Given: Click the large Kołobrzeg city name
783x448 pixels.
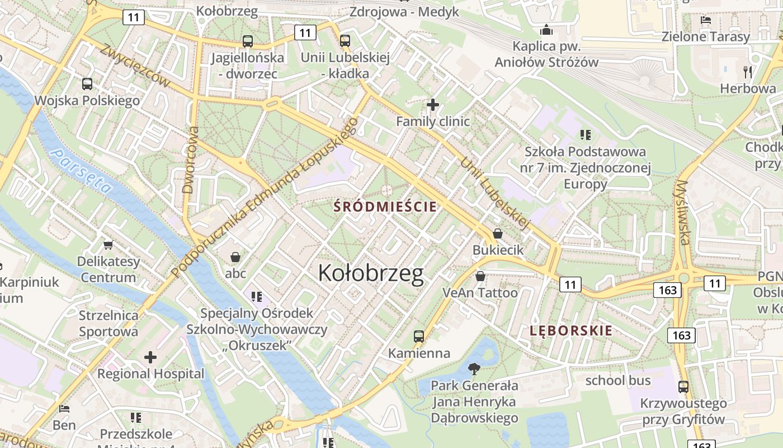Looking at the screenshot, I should pyautogui.click(x=371, y=273).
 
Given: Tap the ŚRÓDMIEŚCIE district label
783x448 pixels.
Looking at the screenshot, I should pyautogui.click(x=385, y=206).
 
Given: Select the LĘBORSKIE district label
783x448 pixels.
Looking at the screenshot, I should pyautogui.click(x=571, y=330).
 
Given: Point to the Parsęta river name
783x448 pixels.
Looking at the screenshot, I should pyautogui.click(x=80, y=170).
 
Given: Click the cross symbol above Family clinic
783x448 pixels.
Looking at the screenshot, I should pyautogui.click(x=432, y=105).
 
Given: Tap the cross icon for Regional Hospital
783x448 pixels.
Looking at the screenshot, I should pyautogui.click(x=150, y=357).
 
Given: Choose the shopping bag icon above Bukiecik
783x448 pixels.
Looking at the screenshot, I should pyautogui.click(x=498, y=234).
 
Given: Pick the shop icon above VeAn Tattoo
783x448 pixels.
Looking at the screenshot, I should pyautogui.click(x=480, y=276).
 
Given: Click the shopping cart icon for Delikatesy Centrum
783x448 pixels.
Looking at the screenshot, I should pyautogui.click(x=108, y=245).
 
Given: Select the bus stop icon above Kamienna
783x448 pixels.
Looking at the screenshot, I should pyautogui.click(x=419, y=337).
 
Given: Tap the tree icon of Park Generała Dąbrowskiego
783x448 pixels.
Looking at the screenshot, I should pyautogui.click(x=474, y=368).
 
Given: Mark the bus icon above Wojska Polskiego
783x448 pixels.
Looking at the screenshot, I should pyautogui.click(x=87, y=84).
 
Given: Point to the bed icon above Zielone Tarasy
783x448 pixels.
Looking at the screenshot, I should pyautogui.click(x=706, y=20).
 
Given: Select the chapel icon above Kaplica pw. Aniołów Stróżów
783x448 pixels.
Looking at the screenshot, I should pyautogui.click(x=546, y=29).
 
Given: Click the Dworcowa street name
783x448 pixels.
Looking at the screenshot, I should pyautogui.click(x=191, y=160).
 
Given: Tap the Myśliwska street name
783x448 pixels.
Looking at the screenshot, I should pyautogui.click(x=683, y=213).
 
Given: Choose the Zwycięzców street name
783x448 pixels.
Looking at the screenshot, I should pyautogui.click(x=135, y=66).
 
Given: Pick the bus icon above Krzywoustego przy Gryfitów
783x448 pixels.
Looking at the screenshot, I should pyautogui.click(x=683, y=386).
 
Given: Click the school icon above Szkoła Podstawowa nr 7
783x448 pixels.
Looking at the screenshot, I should pyautogui.click(x=586, y=134).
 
